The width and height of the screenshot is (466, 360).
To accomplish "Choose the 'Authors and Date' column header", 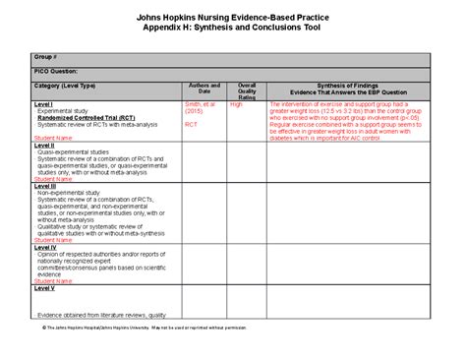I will click(204, 89).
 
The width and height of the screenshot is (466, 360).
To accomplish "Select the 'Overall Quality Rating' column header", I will click(247, 91).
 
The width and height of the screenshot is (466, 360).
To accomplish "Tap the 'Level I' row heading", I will click(43, 103).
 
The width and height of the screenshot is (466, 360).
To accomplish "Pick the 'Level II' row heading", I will click(44, 147).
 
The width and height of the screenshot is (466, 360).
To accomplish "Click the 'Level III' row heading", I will click(45, 185).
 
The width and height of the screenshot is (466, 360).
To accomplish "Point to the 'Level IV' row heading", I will click(45, 247).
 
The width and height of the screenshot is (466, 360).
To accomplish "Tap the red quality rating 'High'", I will click(236, 103).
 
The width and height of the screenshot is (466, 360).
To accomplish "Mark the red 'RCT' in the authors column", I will click(192, 125).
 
